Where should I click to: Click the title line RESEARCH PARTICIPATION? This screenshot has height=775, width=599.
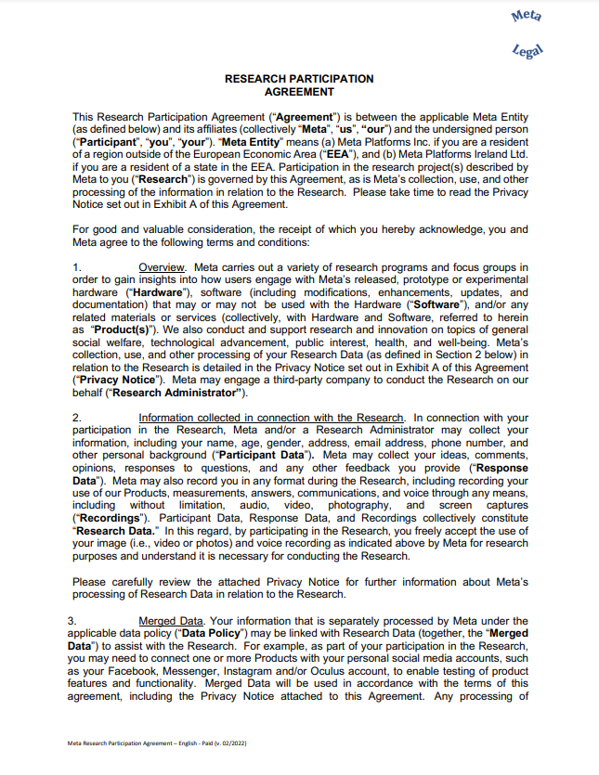[299, 80]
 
